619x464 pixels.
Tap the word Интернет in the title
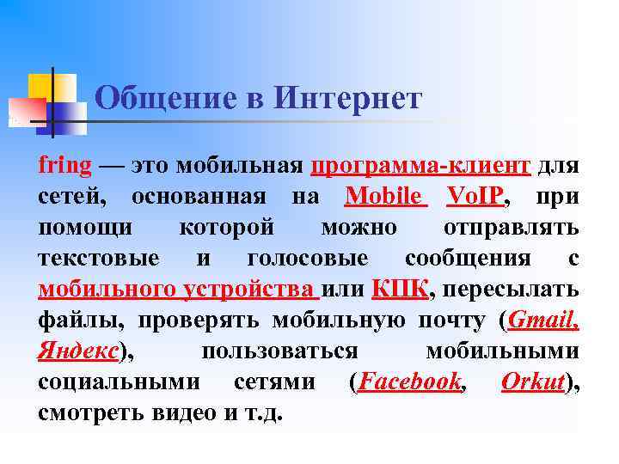[349, 99]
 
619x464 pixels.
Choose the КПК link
[400, 290]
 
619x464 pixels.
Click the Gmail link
[543, 321]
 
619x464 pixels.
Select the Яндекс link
[78, 351]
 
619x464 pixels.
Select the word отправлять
[511, 228]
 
